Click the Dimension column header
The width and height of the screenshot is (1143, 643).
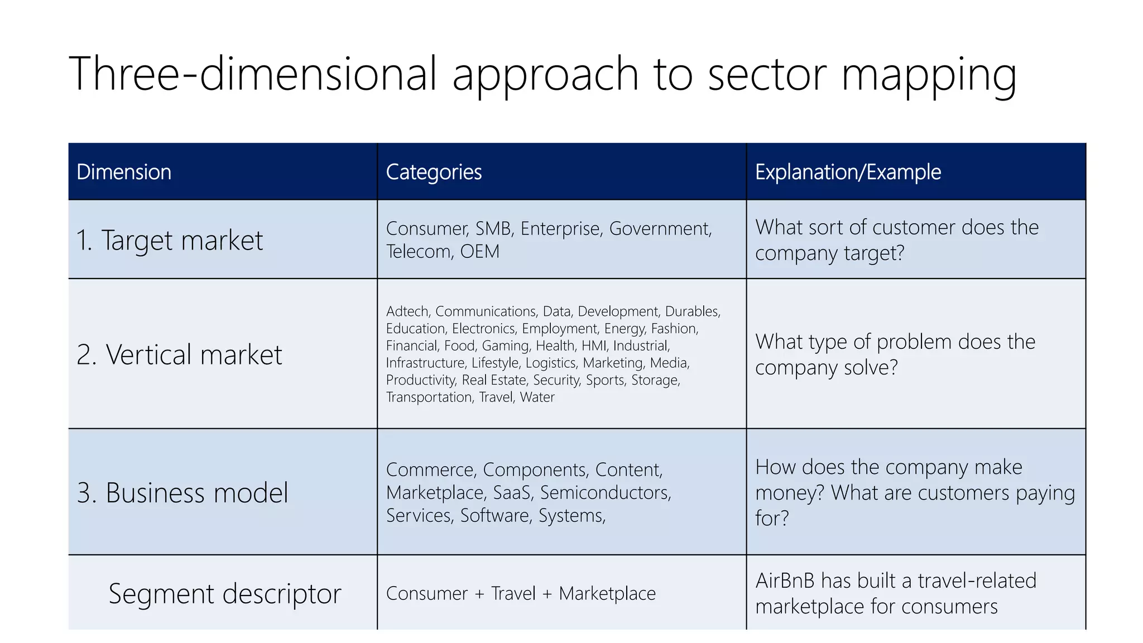(x=124, y=172)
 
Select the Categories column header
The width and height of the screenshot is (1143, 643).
(x=434, y=172)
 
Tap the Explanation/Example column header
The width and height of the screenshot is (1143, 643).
(x=848, y=172)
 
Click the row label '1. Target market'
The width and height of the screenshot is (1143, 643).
(x=170, y=241)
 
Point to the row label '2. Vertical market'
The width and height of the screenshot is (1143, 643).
(x=179, y=354)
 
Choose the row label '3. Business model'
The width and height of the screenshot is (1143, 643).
(x=183, y=493)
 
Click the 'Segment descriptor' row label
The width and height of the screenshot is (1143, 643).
(x=225, y=594)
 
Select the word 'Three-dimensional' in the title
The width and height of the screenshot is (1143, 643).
(x=253, y=74)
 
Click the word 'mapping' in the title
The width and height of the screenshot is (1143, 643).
(x=929, y=76)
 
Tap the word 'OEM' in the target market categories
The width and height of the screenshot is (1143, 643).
(x=479, y=252)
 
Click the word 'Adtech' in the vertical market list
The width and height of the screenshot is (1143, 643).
(x=407, y=311)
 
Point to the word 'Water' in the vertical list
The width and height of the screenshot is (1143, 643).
(x=537, y=397)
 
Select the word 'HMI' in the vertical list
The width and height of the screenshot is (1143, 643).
(x=594, y=346)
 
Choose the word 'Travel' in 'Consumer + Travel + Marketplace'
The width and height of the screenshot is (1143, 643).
(x=513, y=594)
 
